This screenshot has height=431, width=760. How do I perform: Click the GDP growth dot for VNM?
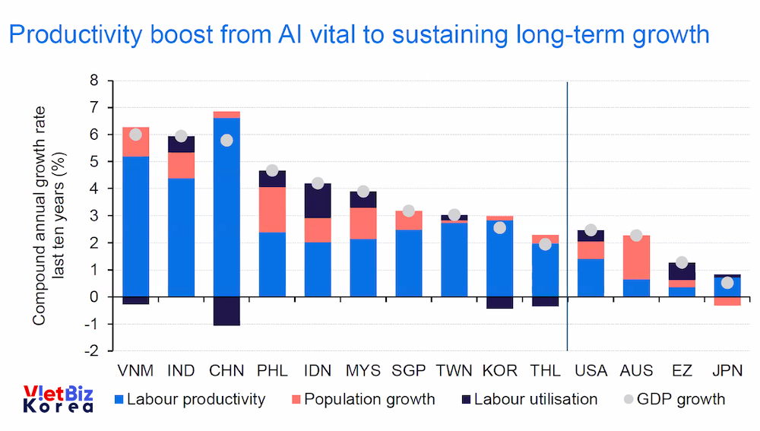[x=135, y=135]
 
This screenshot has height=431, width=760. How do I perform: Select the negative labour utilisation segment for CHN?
[x=226, y=311]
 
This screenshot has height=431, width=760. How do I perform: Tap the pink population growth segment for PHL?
[x=272, y=209]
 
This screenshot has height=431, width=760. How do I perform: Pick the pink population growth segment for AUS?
[x=636, y=258]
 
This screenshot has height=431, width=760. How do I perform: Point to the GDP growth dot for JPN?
[x=727, y=283]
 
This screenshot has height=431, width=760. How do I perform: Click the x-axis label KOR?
[x=499, y=371]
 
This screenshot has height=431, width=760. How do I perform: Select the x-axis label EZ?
[x=682, y=371]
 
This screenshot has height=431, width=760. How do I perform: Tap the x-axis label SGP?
[x=408, y=371]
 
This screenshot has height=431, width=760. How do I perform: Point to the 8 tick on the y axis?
[x=94, y=81]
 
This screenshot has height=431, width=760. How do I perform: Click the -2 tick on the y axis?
[x=92, y=351]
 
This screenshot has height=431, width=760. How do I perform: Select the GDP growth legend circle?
[x=629, y=399]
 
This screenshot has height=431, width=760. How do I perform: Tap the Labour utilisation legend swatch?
[x=465, y=399]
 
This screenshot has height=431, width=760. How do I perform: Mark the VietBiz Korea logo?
[x=58, y=399]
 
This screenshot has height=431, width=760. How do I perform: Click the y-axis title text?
[x=48, y=216]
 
